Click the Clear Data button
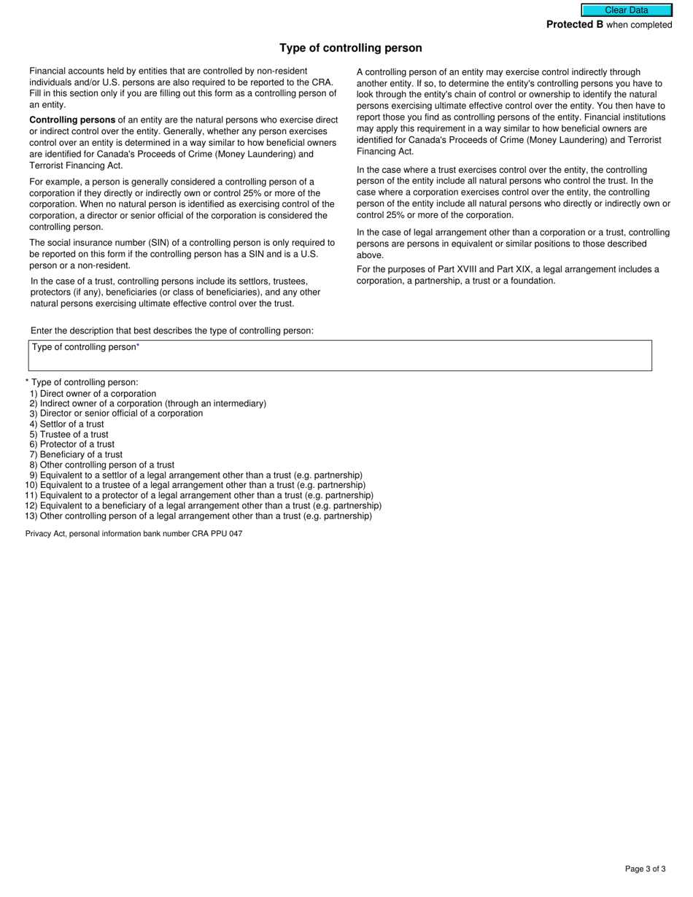tap(626, 10)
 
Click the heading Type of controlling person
tap(350, 48)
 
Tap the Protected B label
tap(575, 25)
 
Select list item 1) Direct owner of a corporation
tap(93, 394)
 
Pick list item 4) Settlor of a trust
tap(67, 424)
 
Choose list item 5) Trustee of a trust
tap(69, 435)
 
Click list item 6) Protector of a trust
tap(72, 444)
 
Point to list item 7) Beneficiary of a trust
tap(77, 454)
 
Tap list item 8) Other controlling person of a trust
tap(102, 465)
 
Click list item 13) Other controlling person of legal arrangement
tap(198, 516)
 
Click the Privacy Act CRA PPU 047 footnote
tap(133, 534)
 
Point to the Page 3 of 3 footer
tap(645, 869)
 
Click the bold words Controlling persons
tap(72, 120)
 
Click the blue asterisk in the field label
tap(138, 347)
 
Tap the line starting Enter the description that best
tap(172, 330)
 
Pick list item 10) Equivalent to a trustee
tap(195, 485)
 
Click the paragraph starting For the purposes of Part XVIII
tap(508, 275)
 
